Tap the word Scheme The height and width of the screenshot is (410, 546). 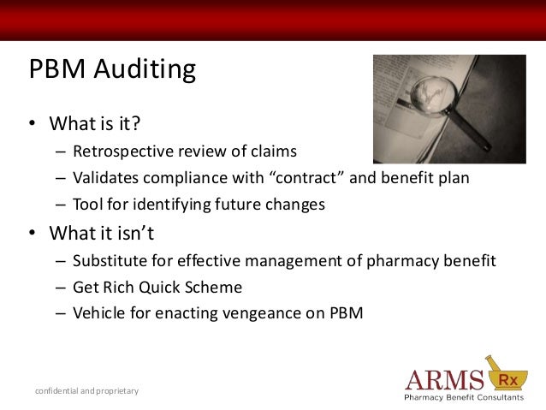tap(215, 287)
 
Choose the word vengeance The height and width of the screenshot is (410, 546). tap(276, 313)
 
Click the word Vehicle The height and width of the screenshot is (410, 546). tap(99, 313)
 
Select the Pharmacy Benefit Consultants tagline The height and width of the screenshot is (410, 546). tap(464, 398)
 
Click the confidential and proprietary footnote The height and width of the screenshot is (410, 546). tap(86, 391)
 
